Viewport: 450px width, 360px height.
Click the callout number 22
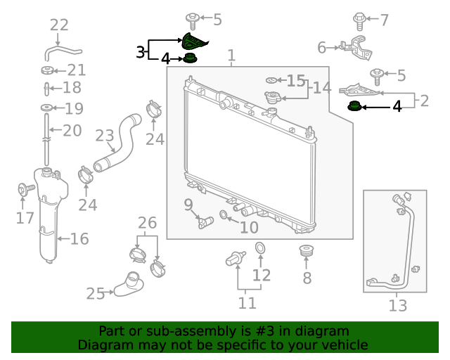[59, 25]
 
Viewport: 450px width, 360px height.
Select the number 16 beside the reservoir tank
[79, 239]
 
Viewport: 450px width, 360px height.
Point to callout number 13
[397, 305]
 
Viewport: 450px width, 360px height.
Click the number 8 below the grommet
[307, 278]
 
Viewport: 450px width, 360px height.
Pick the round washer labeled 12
[259, 247]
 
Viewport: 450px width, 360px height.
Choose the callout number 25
[96, 293]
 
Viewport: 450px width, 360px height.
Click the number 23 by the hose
[104, 135]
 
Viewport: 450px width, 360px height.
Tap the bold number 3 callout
[141, 51]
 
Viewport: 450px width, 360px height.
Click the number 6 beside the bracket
[322, 48]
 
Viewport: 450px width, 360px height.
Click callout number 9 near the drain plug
[188, 205]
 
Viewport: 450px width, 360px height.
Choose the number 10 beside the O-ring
[249, 227]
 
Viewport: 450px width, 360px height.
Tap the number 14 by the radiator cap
[321, 88]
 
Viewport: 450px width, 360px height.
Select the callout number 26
[147, 224]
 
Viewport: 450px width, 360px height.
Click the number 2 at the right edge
[424, 101]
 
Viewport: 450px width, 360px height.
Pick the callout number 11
[247, 303]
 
